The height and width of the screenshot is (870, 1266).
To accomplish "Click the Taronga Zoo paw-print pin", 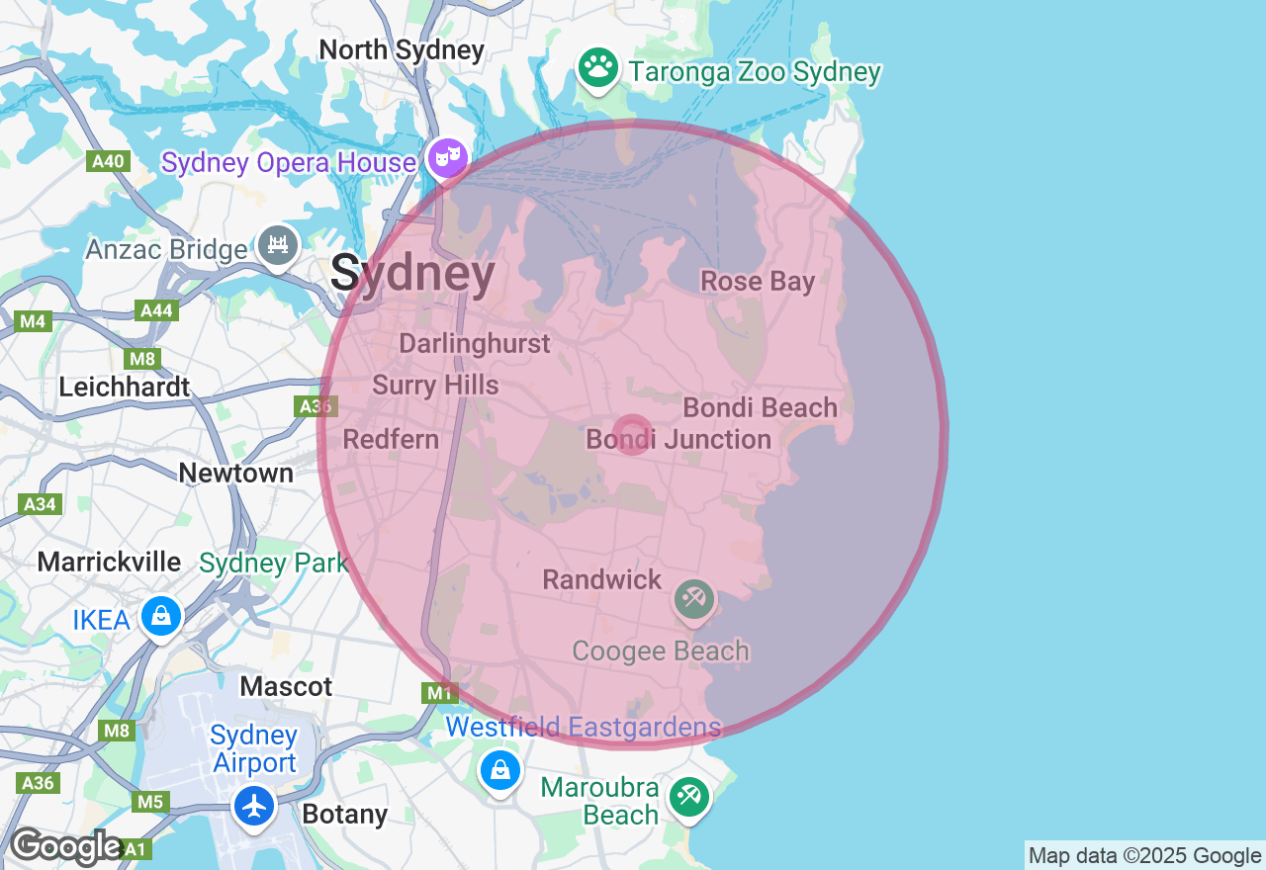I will point(597,68).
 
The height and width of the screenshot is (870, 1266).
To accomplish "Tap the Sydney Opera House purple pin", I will point(447,157).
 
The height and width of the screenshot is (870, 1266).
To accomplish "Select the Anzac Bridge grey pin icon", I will point(277,244).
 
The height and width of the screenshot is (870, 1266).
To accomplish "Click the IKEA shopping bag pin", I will point(160,616).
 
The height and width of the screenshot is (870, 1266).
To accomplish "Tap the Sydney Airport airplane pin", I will point(254,806).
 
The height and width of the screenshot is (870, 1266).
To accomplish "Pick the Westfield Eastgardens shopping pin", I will point(499,770).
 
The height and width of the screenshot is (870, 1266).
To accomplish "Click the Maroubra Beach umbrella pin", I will point(688,796).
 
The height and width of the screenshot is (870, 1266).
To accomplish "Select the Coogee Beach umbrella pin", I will point(694,599).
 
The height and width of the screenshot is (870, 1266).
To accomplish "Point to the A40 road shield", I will point(107,161).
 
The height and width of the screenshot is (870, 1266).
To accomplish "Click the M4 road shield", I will point(34,320).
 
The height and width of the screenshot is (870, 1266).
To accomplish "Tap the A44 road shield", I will point(156,311).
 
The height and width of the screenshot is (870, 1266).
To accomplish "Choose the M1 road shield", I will point(439,693).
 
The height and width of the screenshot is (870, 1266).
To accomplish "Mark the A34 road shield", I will point(40,504).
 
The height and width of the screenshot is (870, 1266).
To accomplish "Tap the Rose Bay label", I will point(758,282).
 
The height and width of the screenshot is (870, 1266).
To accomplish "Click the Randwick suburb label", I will point(601,579).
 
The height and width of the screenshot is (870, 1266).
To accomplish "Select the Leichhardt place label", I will point(124,387).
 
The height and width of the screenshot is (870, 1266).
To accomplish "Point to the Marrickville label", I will point(109,563).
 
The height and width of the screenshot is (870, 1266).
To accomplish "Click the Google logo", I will point(65,846).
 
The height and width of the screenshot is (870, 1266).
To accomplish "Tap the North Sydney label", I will point(402,50).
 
